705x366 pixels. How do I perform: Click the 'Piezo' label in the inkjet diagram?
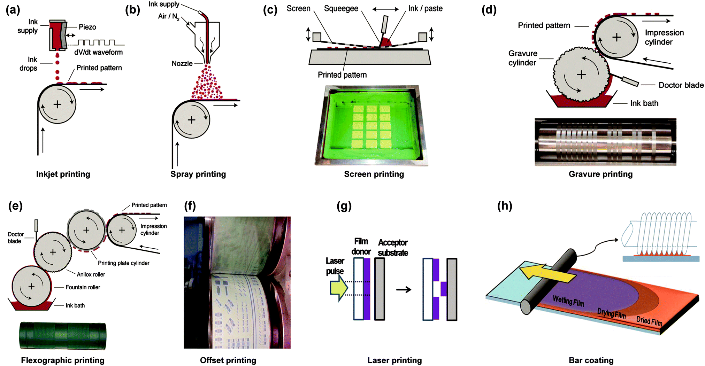click(87, 27)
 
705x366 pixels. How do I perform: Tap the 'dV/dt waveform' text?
click(98, 52)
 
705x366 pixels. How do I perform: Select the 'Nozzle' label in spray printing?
click(182, 63)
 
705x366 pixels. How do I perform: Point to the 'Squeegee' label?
click(341, 8)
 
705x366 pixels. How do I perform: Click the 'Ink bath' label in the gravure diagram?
click(644, 103)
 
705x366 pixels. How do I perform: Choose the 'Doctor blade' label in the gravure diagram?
click(681, 85)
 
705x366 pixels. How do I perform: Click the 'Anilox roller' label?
click(91, 274)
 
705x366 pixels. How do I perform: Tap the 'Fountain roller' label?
click(83, 287)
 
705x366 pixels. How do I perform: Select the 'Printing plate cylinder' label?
click(123, 263)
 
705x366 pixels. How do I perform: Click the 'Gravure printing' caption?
click(600, 174)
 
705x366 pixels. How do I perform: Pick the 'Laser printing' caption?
click(394, 360)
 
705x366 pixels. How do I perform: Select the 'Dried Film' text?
click(649, 321)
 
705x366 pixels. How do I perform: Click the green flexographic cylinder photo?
click(63, 336)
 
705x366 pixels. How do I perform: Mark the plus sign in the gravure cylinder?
click(581, 75)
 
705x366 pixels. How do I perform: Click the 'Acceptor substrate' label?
click(393, 248)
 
